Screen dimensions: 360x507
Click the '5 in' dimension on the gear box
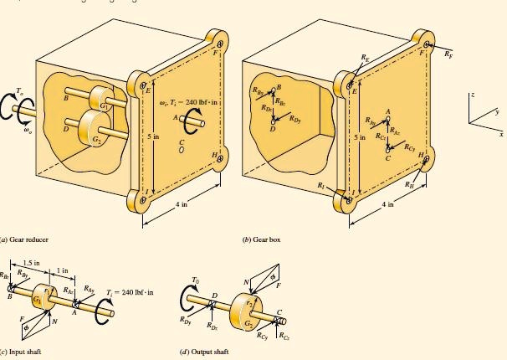click(x=360, y=136)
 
